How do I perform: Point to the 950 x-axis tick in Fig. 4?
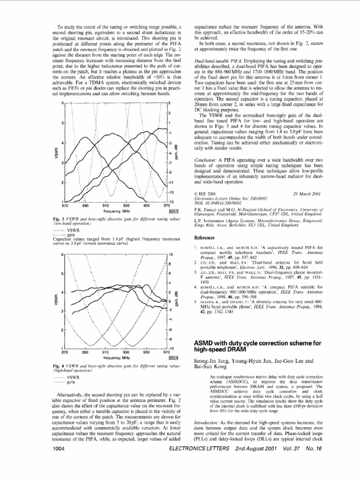(146, 352)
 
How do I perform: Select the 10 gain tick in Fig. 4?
(171, 254)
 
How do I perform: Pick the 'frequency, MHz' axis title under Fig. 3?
(116, 211)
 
